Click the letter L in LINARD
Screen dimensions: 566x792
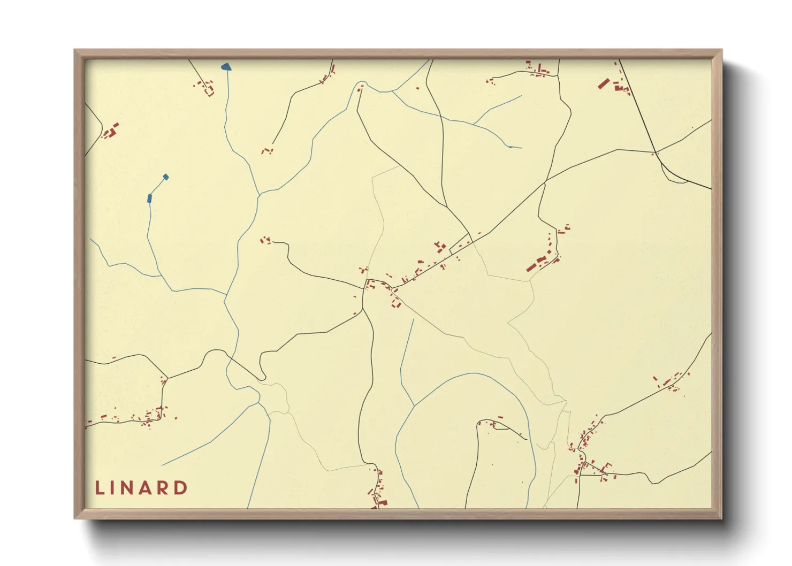pyautogui.click(x=100, y=488)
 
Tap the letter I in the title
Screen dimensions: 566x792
pyautogui.click(x=114, y=488)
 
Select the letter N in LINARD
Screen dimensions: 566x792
pyautogui.click(x=129, y=488)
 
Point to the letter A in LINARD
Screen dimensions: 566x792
pyautogui.click(x=147, y=488)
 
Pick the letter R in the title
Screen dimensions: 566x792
pyautogui.click(x=164, y=488)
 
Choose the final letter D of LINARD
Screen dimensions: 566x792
pyautogui.click(x=182, y=488)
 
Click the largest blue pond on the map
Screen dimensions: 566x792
pyautogui.click(x=226, y=67)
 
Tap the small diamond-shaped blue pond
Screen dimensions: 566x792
pyautogui.click(x=166, y=177)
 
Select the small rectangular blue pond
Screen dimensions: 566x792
pyautogui.click(x=150, y=198)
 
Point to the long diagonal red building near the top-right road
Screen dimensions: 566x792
pyautogui.click(x=604, y=83)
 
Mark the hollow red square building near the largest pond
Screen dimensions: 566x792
pyautogui.click(x=210, y=93)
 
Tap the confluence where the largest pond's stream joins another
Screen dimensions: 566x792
pyautogui.click(x=259, y=195)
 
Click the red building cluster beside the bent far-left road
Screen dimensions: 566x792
pyautogui.click(x=111, y=131)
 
